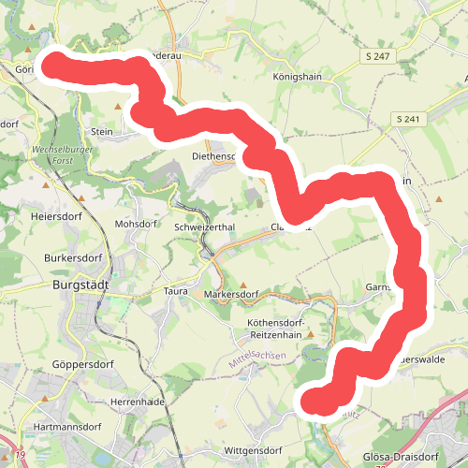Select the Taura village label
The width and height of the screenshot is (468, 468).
(176, 291)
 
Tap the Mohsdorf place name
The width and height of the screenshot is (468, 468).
(134, 225)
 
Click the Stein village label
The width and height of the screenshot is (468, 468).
(102, 132)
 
